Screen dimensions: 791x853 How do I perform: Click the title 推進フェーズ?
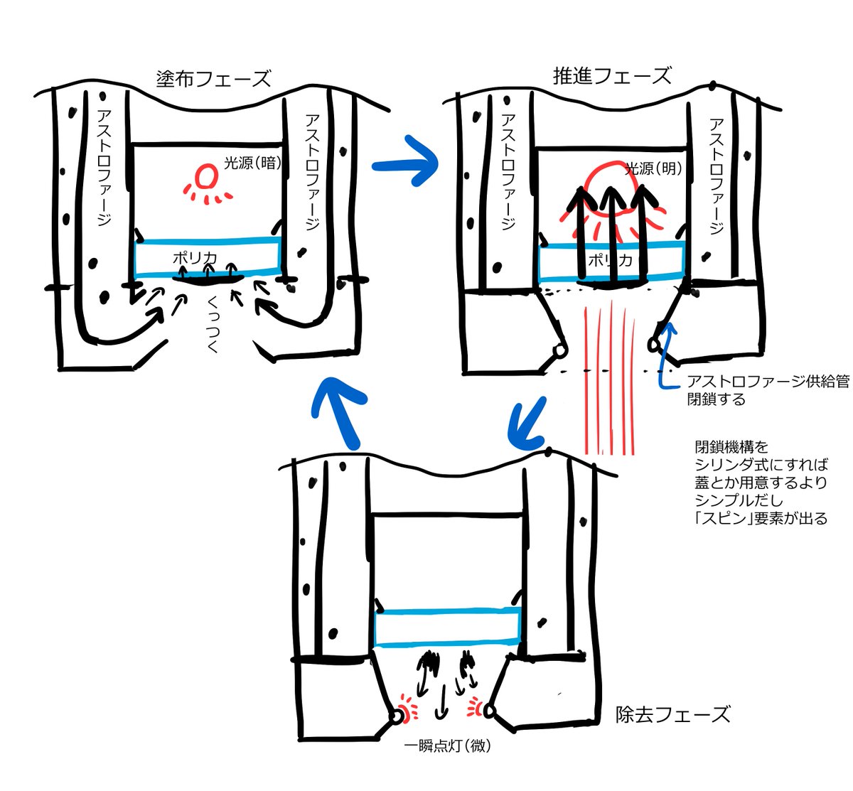point(611,75)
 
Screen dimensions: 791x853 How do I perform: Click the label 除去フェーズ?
point(672,714)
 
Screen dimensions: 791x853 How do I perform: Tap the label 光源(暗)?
point(252,163)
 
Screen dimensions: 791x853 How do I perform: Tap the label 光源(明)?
point(653,169)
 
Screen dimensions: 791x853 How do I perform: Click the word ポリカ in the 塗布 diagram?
point(194,258)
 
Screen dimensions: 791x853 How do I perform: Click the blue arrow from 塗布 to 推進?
point(405,164)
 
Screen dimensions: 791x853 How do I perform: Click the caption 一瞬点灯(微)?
point(447,746)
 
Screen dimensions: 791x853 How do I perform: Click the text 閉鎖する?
point(715,399)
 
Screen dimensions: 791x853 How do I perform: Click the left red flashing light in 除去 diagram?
point(405,709)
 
